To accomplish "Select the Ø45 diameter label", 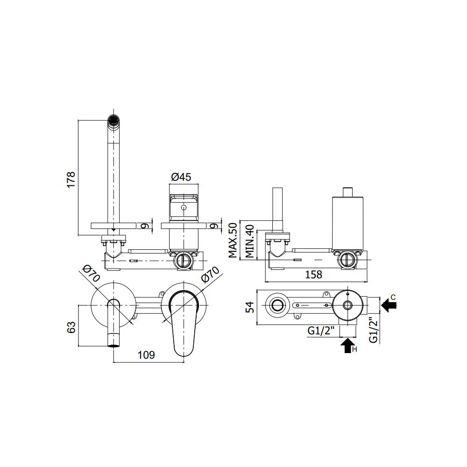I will pos(181,177).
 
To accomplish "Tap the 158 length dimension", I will pos(313,275).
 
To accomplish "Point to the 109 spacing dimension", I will pos(146,355).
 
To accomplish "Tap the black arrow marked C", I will pos(388,305).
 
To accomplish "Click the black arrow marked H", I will pos(346,346).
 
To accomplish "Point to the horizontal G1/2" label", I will pos(321,331).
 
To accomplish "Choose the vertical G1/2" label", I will pos(373,330).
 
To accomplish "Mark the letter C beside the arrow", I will pos(393,297).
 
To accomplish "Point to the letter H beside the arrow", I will pos(354,349).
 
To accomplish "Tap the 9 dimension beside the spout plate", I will pos(145,225).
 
